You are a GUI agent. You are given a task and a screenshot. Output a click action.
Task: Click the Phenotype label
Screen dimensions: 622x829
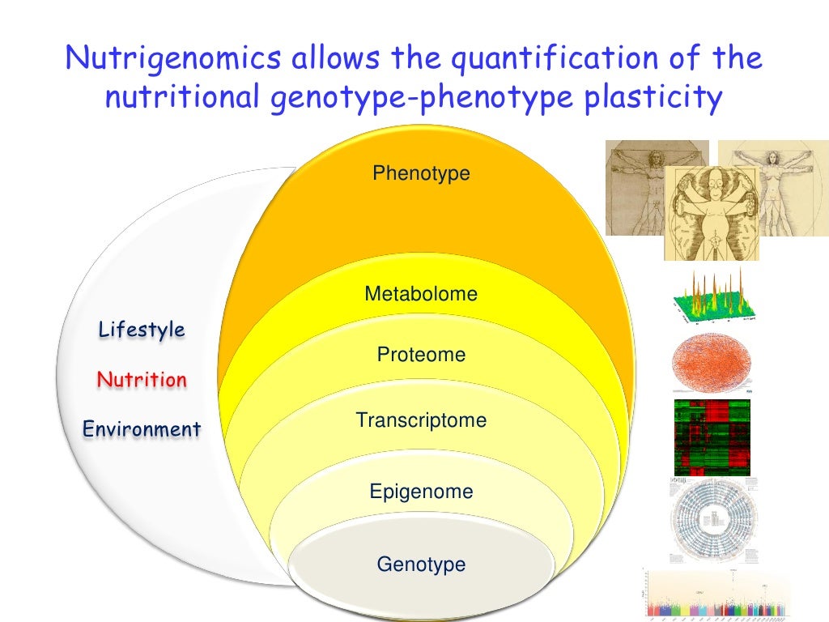(421, 173)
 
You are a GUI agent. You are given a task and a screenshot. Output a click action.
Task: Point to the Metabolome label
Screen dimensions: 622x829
(421, 294)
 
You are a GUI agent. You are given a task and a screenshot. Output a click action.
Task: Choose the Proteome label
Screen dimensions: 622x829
(421, 355)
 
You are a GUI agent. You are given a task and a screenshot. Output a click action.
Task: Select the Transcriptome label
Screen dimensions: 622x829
(421, 420)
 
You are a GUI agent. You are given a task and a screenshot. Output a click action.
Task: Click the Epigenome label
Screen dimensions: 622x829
(421, 492)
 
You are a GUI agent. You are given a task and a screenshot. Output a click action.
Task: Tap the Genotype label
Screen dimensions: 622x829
(421, 564)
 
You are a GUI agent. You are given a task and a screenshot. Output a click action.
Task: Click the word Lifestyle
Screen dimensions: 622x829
(142, 330)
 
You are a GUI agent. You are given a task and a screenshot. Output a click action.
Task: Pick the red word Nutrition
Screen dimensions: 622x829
(142, 379)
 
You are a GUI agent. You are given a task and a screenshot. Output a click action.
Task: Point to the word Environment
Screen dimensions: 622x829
(142, 429)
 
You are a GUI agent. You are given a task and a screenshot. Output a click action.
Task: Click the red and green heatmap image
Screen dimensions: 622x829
(712, 437)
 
